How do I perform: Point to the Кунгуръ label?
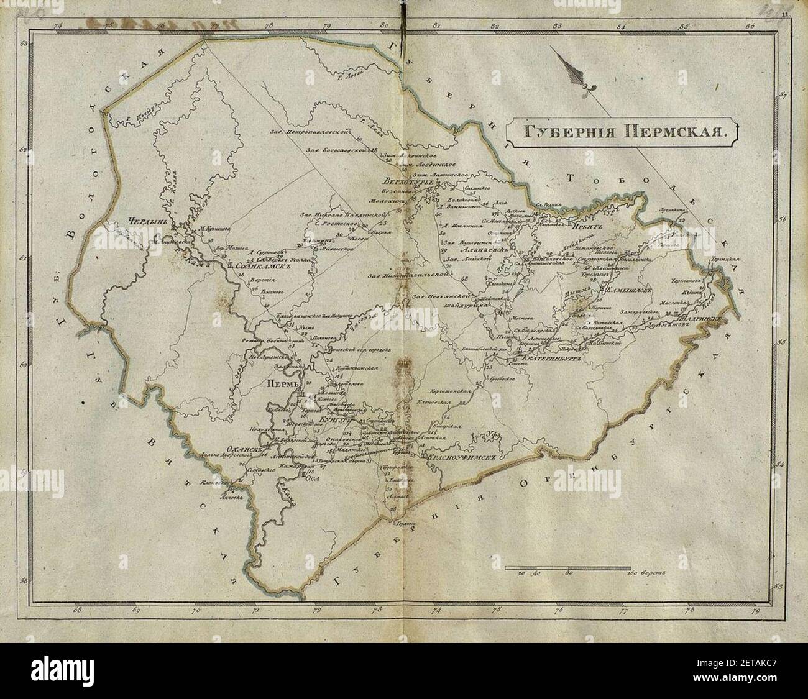333,420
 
